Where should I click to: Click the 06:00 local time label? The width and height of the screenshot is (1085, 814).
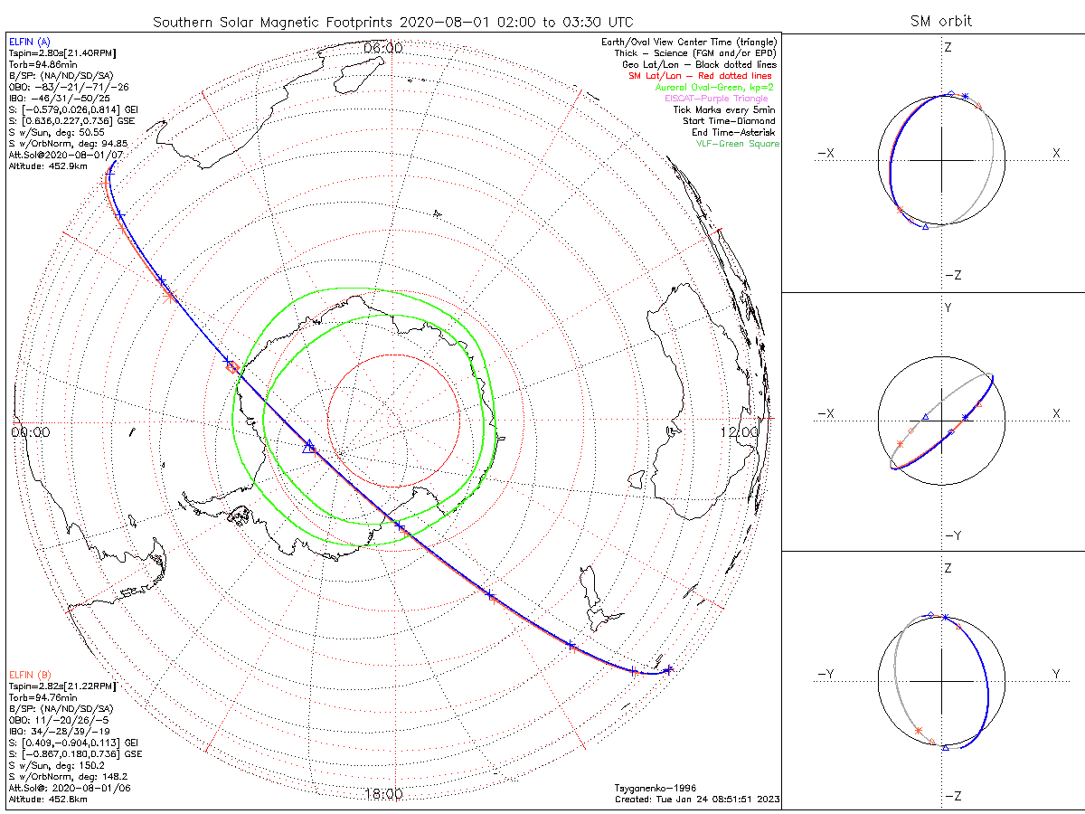point(382,47)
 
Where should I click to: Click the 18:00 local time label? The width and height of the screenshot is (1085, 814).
point(383,794)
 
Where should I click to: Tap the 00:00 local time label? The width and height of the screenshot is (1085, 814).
point(30,432)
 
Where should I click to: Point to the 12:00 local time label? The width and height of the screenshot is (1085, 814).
point(739,432)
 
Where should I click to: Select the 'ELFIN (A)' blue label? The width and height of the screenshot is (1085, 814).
point(31,42)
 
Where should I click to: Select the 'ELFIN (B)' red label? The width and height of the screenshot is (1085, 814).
point(31,674)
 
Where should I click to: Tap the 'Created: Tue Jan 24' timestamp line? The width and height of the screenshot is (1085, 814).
point(696,799)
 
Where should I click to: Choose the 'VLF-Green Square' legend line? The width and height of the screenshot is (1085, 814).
point(737,144)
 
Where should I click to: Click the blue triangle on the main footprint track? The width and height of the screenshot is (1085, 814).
point(308,445)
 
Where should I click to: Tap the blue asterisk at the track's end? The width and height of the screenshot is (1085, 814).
point(669,669)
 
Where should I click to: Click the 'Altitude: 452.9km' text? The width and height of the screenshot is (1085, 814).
point(47,166)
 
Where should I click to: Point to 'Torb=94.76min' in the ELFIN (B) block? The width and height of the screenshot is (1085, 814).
point(38,697)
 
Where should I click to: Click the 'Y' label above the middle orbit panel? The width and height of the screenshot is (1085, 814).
point(948,308)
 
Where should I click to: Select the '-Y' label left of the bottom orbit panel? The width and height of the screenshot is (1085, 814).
point(826,674)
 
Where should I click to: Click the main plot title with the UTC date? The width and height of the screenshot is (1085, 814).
point(392,21)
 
